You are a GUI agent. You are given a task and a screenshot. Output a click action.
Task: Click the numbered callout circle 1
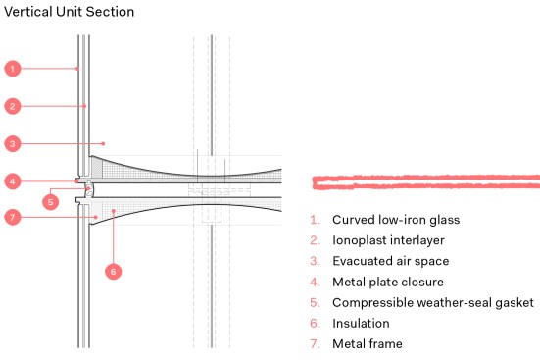(13, 69)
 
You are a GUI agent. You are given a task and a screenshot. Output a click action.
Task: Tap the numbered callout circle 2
(13, 106)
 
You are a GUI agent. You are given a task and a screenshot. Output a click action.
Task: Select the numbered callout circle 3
(13, 143)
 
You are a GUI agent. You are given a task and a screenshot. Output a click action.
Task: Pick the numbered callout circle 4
(13, 181)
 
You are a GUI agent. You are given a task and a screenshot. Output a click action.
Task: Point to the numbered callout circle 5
(51, 202)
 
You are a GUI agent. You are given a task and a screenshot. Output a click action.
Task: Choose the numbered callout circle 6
(114, 271)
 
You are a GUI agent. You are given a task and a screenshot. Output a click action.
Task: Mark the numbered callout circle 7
(13, 217)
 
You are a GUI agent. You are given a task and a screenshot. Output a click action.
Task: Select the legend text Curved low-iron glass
(396, 220)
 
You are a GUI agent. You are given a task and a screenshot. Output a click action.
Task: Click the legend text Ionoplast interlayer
(388, 240)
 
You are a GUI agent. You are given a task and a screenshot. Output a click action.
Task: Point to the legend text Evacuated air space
(391, 261)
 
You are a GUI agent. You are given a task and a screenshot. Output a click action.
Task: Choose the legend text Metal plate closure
(388, 282)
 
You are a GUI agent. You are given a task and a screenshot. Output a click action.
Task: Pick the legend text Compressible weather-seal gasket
(433, 302)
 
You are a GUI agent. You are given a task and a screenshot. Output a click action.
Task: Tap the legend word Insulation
(361, 323)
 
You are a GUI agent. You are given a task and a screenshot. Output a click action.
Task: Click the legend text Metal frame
(368, 343)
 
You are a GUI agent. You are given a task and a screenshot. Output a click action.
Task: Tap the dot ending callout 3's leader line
(103, 143)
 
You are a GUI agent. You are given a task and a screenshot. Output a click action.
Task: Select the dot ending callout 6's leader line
(114, 211)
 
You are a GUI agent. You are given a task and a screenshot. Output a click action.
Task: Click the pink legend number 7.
(315, 343)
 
